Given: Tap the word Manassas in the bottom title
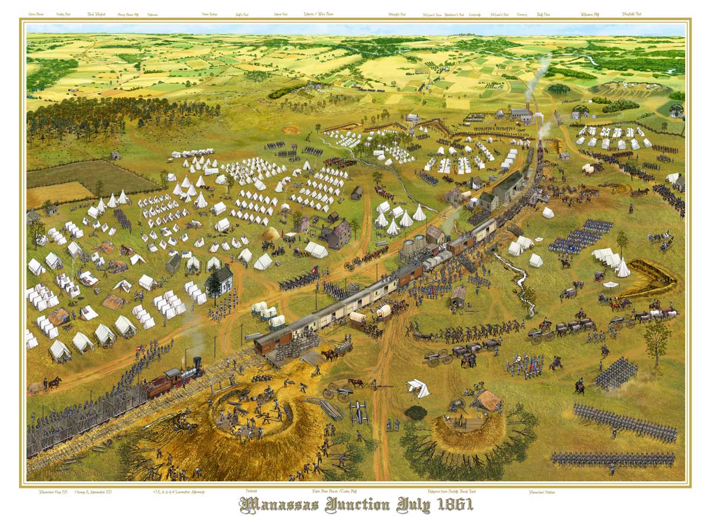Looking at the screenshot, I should coord(282,506).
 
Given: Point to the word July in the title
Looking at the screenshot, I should coord(409,506).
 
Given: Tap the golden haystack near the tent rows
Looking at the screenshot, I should coord(272,233).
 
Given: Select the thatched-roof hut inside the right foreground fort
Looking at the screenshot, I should coord(489,400).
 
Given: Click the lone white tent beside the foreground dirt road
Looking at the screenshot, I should coord(419,388).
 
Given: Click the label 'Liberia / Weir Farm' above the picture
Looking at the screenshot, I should coord(318,14).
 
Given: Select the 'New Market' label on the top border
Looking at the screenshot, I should coord(96,14).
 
